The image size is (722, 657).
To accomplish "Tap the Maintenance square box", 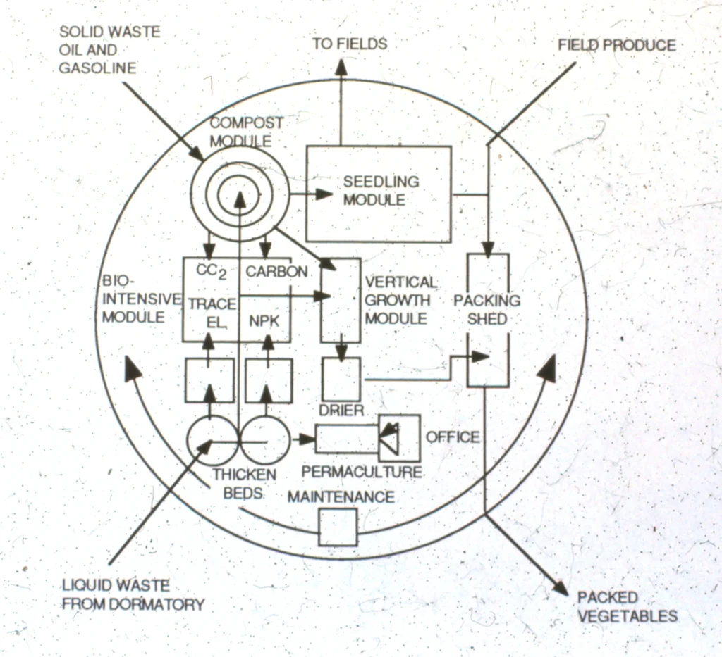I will pyautogui.click(x=338, y=527).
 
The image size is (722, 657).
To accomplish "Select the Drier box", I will pyautogui.click(x=341, y=380).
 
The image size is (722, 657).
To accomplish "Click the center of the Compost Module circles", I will pyautogui.click(x=240, y=194).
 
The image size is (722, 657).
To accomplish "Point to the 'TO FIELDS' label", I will pyautogui.click(x=350, y=44).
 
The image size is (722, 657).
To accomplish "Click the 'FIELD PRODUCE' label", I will pyautogui.click(x=616, y=46).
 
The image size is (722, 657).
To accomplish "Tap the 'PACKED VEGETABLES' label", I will pyautogui.click(x=627, y=607).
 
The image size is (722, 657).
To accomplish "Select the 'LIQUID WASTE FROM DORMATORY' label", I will pyautogui.click(x=133, y=595).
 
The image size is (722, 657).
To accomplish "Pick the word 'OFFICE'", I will pyautogui.click(x=452, y=437).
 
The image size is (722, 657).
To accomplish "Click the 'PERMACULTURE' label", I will pyautogui.click(x=362, y=472).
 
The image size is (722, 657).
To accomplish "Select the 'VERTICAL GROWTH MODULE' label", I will pyautogui.click(x=400, y=301).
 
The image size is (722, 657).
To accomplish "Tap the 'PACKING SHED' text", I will pyautogui.click(x=487, y=309).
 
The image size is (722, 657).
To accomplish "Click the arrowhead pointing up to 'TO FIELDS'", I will pyautogui.click(x=341, y=68).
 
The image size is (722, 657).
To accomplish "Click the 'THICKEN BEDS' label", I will pyautogui.click(x=244, y=483).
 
